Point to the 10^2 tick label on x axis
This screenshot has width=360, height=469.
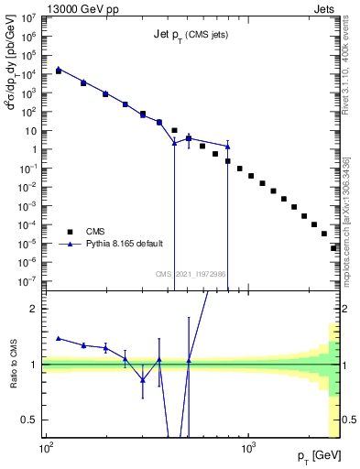coord(45,450)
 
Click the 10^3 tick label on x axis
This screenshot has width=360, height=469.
coord(247,450)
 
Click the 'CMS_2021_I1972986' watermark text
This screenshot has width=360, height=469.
coord(191,274)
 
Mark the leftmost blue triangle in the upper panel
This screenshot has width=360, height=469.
coord(59,68)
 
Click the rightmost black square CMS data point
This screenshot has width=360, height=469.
coord(334,247)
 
